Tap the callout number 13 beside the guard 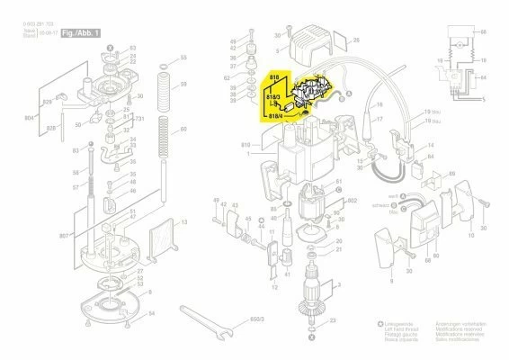183,220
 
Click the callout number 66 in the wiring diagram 484,31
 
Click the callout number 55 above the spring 183,56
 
